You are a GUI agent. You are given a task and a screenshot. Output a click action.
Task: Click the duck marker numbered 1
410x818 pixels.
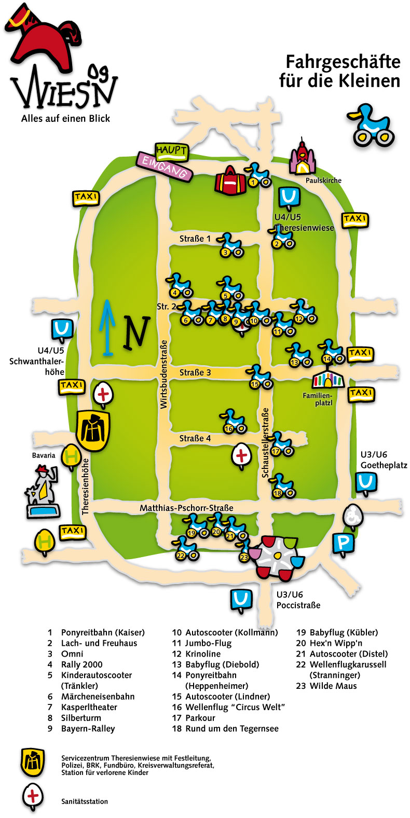tap(257, 175)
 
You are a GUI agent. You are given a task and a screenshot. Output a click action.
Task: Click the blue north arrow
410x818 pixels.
tap(107, 328)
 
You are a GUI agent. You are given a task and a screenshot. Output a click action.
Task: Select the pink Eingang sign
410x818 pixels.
tap(164, 167)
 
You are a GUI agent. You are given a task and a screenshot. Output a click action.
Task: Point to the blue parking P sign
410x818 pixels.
tap(344, 545)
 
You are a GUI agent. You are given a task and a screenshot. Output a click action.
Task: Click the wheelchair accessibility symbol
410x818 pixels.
tap(353, 517)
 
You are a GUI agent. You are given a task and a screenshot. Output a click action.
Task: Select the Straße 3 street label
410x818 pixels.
tap(195, 372)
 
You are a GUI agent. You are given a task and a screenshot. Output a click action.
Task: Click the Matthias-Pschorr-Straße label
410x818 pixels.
tap(186, 508)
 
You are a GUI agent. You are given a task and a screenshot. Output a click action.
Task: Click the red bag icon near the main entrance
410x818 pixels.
tap(230, 181)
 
